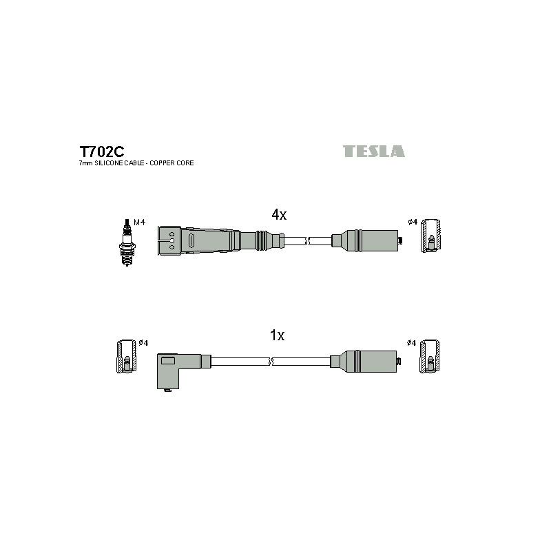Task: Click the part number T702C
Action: pos(101,152)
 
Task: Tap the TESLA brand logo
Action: pos(373,151)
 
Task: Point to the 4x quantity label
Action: pos(279,214)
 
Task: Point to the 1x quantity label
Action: pos(277,335)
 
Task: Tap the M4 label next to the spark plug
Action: pos(140,222)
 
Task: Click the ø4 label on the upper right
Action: pos(413,222)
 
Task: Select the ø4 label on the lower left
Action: pos(143,342)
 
